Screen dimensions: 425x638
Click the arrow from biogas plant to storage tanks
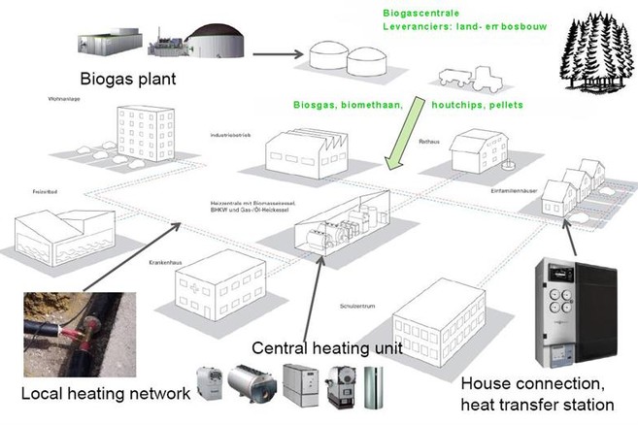click(x=278, y=54)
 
